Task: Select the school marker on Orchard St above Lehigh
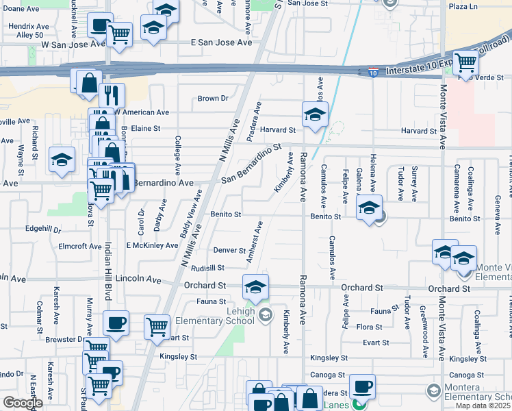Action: click(x=255, y=287)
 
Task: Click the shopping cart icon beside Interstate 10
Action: click(x=465, y=63)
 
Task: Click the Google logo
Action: click(x=22, y=403)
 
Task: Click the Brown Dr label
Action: click(x=212, y=99)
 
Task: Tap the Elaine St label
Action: click(x=145, y=128)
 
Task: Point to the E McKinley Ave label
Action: click(x=152, y=245)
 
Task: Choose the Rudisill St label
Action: click(x=208, y=268)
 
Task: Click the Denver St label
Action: click(x=229, y=251)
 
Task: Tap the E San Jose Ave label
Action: click(x=221, y=42)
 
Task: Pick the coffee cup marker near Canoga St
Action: click(x=362, y=386)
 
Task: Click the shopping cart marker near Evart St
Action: click(x=157, y=327)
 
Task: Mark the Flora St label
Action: click(x=369, y=327)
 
